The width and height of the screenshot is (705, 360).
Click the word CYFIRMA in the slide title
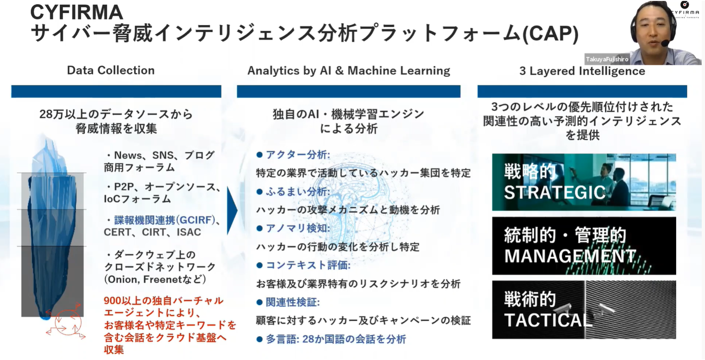click(x=76, y=12)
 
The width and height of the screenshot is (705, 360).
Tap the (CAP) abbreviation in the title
click(x=550, y=34)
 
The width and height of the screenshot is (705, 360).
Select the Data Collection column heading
click(x=111, y=70)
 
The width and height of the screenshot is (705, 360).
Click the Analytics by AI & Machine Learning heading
click(x=349, y=71)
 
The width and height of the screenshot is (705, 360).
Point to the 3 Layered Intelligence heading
click(x=582, y=71)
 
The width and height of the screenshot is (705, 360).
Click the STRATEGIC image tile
click(x=584, y=182)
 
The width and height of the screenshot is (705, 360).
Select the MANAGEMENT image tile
click(x=584, y=246)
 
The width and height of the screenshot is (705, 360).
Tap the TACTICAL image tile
click(x=584, y=310)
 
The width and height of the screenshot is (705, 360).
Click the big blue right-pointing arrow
click(x=232, y=211)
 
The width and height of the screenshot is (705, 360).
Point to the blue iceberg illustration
click(x=52, y=227)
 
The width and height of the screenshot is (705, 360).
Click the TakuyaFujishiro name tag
click(x=607, y=59)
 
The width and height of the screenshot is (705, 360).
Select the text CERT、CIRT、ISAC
click(x=152, y=232)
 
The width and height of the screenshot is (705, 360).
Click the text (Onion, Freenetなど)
click(x=155, y=279)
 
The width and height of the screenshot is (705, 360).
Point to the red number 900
click(x=112, y=300)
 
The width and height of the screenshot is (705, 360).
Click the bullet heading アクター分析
click(x=298, y=155)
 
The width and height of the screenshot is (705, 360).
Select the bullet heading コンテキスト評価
click(x=308, y=265)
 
